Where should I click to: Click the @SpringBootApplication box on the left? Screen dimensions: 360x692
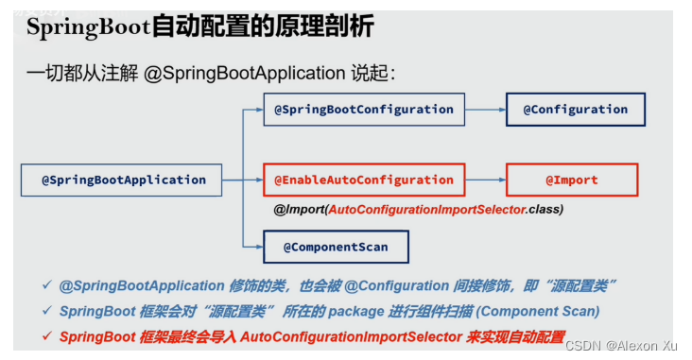(123, 180)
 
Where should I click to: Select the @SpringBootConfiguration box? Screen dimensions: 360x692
(364, 110)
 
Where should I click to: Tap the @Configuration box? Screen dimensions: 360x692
(575, 110)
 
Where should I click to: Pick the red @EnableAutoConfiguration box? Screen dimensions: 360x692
(364, 180)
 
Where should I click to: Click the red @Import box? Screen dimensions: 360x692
(571, 180)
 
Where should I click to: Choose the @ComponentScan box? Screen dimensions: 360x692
(335, 248)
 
